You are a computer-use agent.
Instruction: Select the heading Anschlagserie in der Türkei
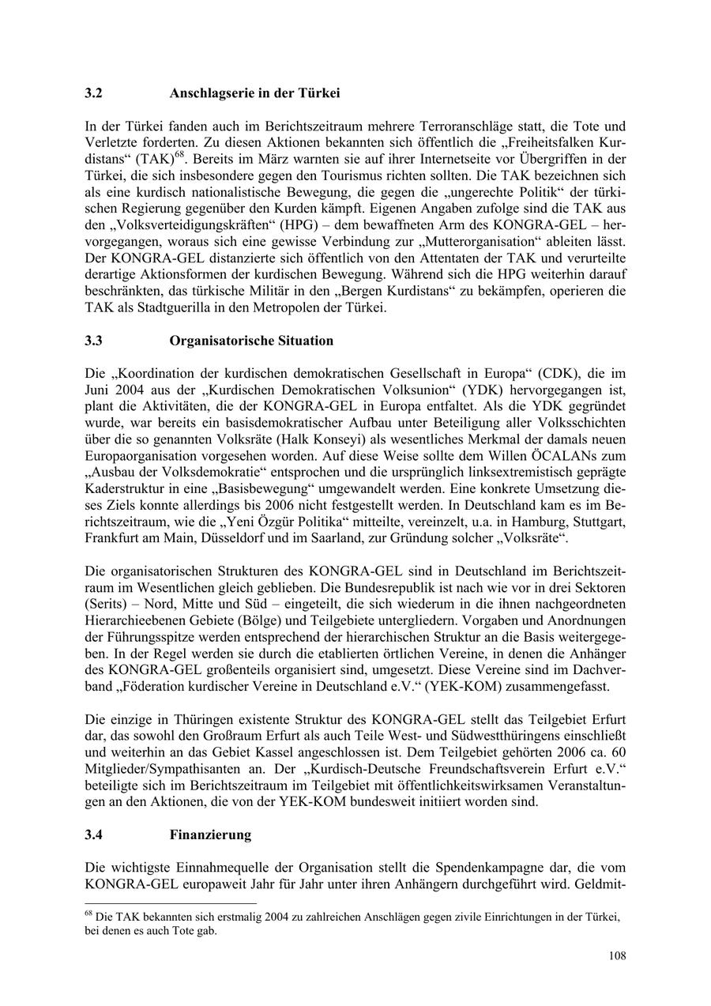tap(254, 93)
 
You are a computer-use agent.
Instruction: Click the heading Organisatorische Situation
tap(251, 341)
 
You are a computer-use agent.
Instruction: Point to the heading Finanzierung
tap(210, 835)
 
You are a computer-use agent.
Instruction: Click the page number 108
tap(617, 956)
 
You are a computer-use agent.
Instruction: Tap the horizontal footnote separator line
tap(170, 902)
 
